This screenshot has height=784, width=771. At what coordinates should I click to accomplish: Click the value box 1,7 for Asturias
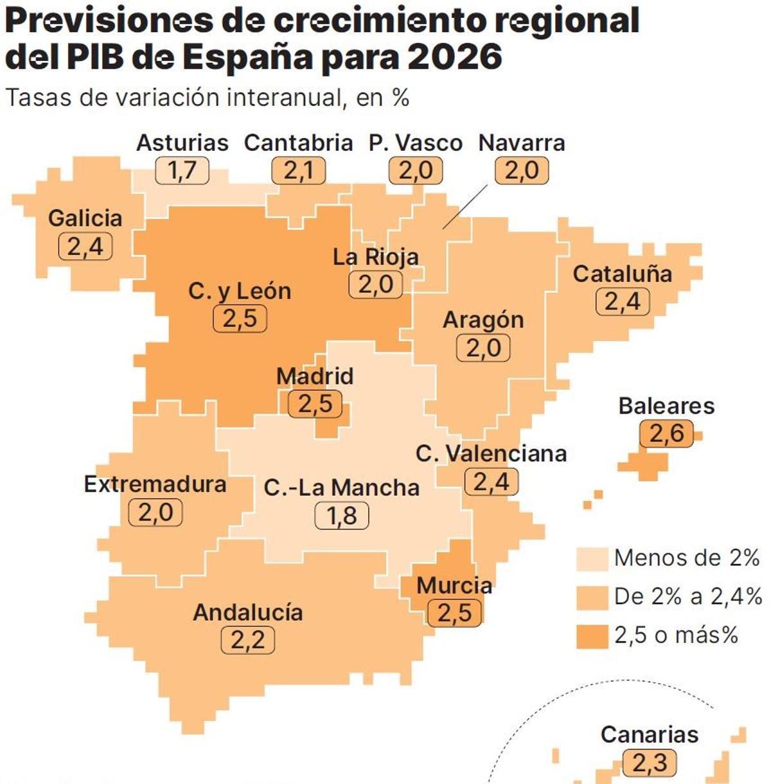point(182,171)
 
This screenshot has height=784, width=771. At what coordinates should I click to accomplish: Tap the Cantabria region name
point(299,143)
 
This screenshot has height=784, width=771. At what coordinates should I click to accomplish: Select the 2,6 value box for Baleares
point(667,434)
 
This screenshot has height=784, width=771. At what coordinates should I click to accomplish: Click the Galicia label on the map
point(85,218)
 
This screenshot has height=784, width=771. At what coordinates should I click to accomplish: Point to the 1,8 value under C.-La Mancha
point(342,516)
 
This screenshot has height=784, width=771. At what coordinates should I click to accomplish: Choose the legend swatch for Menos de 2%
point(592,559)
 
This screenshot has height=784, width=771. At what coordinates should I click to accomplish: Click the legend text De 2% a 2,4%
point(687,597)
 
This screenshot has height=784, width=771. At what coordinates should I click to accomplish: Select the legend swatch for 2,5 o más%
point(592,636)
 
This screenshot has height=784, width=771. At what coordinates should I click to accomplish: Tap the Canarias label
point(649,735)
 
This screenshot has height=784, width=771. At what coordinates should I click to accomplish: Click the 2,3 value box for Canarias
point(650,763)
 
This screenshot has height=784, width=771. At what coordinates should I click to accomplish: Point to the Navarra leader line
point(465,207)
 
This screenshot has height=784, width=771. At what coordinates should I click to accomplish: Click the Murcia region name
point(454,586)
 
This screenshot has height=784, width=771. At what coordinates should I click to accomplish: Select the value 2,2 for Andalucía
point(247,640)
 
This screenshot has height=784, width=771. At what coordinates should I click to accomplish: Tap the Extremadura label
point(155,484)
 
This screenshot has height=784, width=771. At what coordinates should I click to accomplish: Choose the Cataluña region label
point(622,274)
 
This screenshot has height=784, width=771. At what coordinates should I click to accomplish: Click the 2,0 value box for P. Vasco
point(416,171)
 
